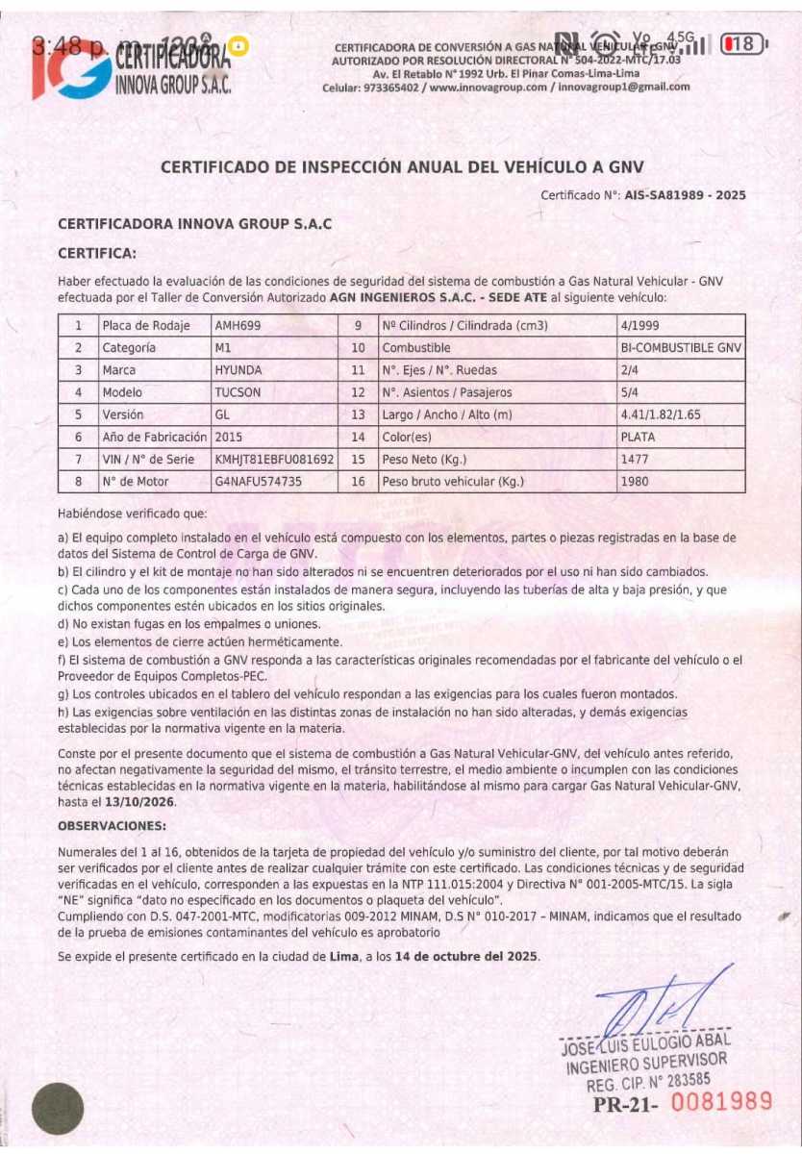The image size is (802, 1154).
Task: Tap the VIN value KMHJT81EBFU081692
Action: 275,459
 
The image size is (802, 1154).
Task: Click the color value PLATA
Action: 640,437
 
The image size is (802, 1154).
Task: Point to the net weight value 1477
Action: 636,459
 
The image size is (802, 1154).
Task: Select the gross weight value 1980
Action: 636,481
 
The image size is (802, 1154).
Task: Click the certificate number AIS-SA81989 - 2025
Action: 685,195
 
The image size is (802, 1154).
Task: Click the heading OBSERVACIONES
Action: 112,826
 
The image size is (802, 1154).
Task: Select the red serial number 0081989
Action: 721,1102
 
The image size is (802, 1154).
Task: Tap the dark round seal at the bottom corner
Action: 58,1108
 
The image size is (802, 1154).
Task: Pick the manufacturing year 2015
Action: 229,437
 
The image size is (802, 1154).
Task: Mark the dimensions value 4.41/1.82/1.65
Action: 664,414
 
